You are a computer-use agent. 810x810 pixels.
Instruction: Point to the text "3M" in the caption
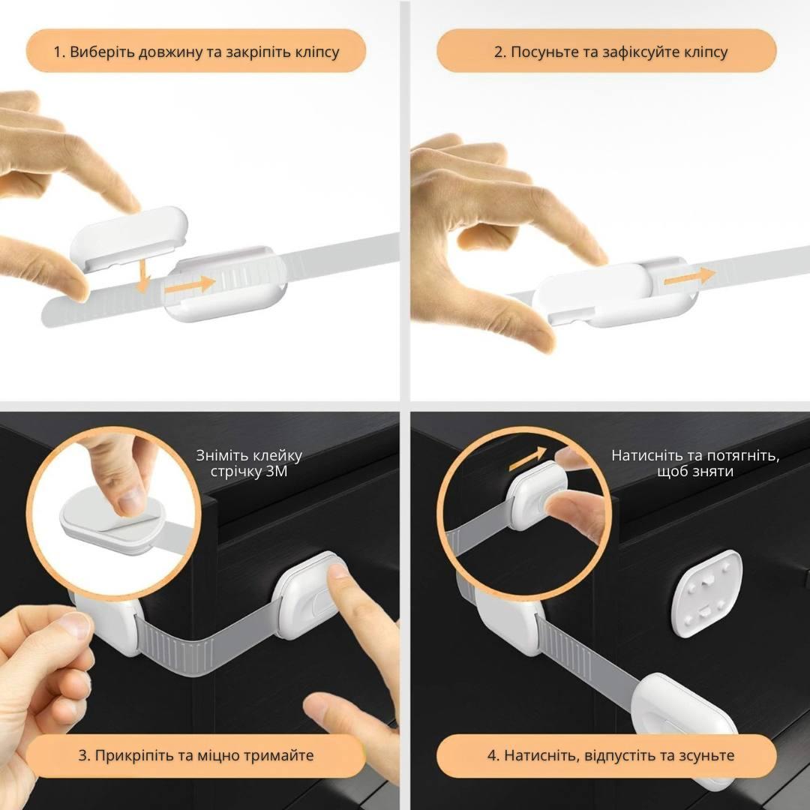[277, 472]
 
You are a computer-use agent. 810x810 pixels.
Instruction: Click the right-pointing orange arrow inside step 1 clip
[190, 285]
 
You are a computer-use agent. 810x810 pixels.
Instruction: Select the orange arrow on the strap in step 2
[688, 277]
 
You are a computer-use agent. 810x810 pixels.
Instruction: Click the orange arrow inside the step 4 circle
[527, 459]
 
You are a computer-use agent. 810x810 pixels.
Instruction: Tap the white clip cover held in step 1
[129, 238]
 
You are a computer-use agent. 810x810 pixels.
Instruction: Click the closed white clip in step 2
[615, 294]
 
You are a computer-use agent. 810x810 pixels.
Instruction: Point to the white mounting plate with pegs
[706, 593]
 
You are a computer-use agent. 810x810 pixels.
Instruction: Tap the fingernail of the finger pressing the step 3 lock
[338, 571]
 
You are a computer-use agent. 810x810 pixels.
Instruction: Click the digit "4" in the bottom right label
[492, 755]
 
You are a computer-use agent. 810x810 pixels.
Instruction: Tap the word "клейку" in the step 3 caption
[277, 456]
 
